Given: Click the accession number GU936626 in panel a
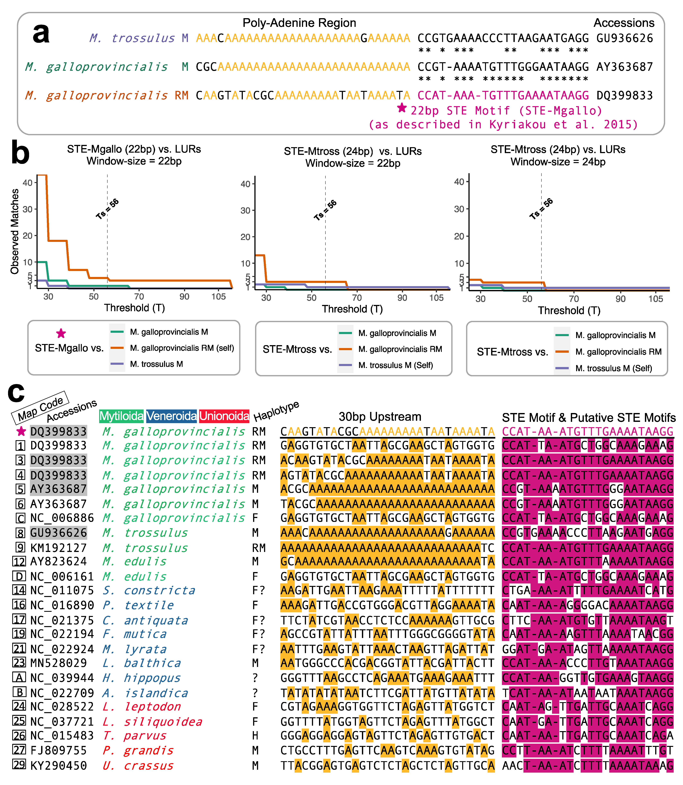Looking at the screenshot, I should [624, 38].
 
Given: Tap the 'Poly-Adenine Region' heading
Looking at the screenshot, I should [299, 23].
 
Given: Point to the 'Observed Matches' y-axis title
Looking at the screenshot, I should [14, 232].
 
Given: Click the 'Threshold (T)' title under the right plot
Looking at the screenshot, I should [569, 311].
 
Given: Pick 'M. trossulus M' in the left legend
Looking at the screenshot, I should [156, 364].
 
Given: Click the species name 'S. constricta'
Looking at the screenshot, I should [149, 590].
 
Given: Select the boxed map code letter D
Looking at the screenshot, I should [19, 576].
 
